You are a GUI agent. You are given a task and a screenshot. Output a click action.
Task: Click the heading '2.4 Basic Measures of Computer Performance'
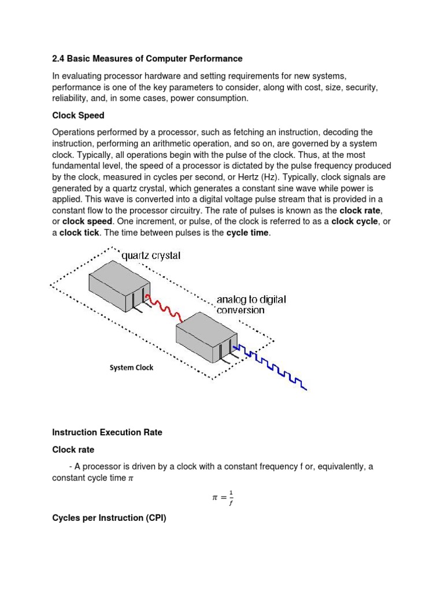click(x=147, y=59)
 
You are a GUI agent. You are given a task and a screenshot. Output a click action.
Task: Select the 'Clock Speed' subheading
click(x=78, y=116)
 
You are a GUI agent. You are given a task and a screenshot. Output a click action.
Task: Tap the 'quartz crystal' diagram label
click(x=150, y=256)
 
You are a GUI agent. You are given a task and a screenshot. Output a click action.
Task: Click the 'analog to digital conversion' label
click(x=251, y=305)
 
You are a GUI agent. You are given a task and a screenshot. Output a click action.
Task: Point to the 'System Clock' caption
click(x=131, y=368)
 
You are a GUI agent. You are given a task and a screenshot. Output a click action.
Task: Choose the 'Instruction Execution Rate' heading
click(x=107, y=432)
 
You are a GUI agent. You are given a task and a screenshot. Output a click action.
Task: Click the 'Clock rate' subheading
click(x=73, y=449)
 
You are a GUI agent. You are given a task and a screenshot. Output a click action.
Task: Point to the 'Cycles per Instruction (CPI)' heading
click(x=109, y=518)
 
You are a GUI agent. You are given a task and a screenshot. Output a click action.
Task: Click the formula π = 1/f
click(x=222, y=497)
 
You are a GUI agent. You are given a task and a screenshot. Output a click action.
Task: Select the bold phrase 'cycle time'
click(x=247, y=232)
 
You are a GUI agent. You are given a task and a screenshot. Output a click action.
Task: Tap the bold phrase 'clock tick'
click(x=80, y=232)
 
